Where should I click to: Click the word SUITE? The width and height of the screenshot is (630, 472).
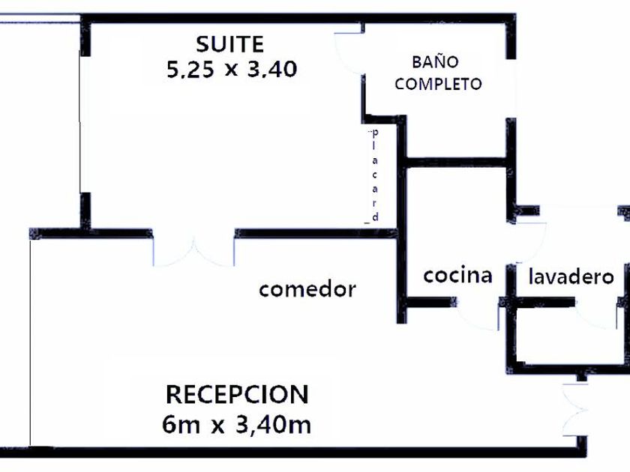click(x=229, y=44)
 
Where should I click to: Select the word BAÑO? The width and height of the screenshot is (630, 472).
click(x=435, y=61)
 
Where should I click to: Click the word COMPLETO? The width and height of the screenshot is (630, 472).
click(x=438, y=84)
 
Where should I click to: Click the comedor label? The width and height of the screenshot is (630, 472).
click(x=307, y=289)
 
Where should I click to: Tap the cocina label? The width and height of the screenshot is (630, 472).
click(x=457, y=276)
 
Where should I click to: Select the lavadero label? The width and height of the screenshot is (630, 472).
click(x=571, y=276)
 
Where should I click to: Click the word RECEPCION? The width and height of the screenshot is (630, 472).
click(x=236, y=394)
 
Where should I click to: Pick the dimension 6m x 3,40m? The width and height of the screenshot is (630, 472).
click(x=236, y=426)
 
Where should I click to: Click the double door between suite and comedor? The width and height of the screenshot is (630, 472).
click(x=193, y=250)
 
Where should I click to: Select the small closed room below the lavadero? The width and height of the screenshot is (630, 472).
click(x=570, y=337)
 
